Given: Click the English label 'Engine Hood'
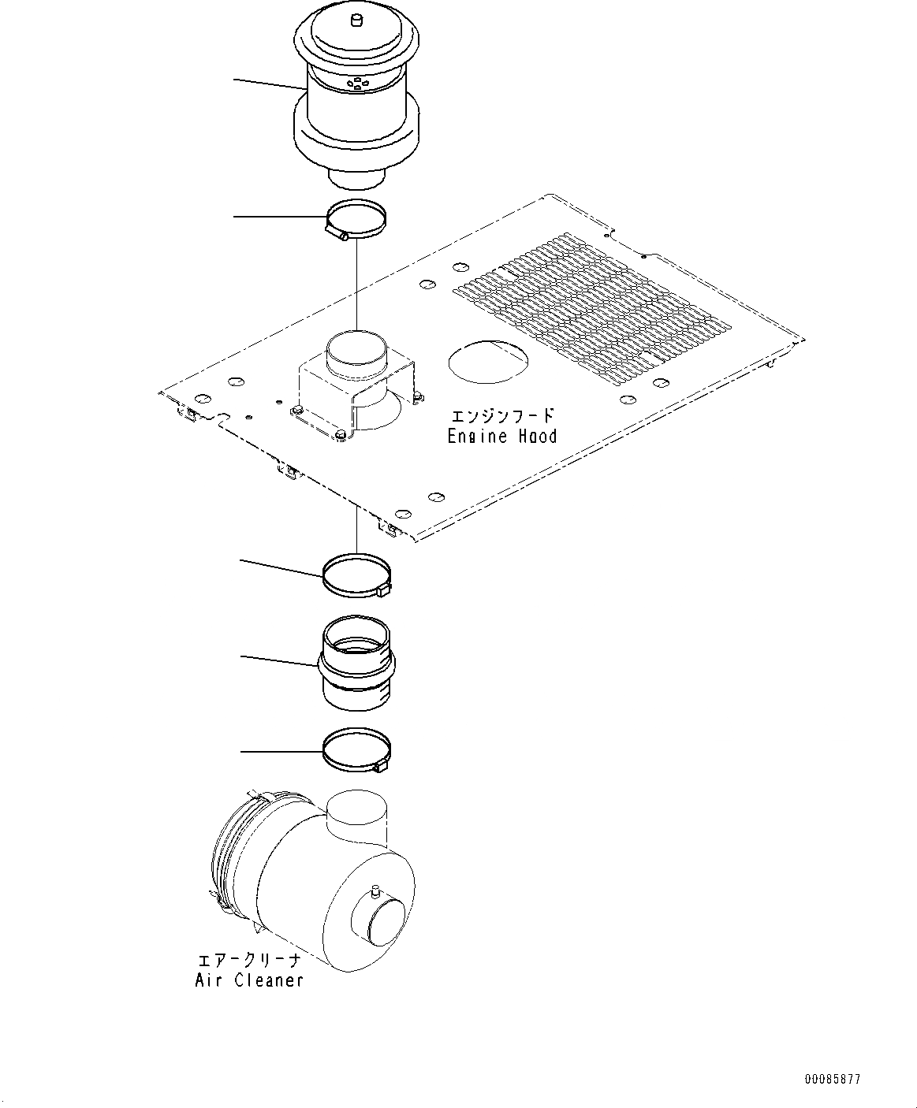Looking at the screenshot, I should [x=501, y=436].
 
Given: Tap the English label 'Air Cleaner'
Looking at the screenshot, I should [x=249, y=980].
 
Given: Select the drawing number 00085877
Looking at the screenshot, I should [x=833, y=1079].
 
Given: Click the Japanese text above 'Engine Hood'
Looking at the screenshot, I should [x=501, y=416].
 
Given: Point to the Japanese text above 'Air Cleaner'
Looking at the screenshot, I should [x=249, y=961].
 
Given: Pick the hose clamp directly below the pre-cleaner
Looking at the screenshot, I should [x=356, y=221].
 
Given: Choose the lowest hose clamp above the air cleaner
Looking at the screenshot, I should [x=356, y=751].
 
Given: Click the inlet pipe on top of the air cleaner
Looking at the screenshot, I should [x=357, y=816].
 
